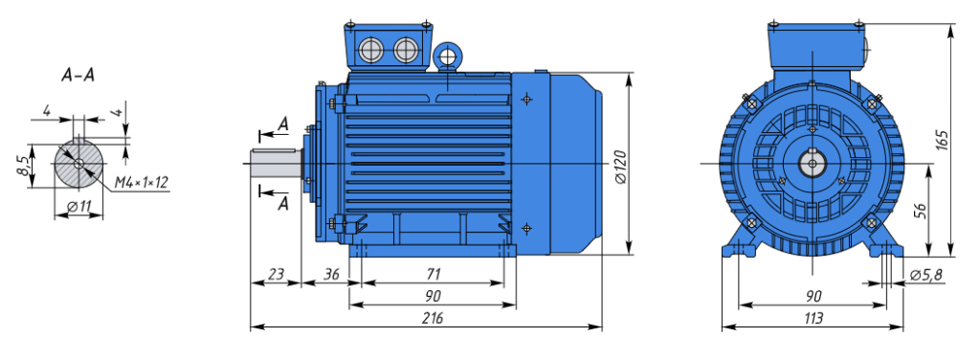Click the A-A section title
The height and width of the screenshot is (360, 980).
click(x=78, y=76)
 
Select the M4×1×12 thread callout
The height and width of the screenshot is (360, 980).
click(x=142, y=183)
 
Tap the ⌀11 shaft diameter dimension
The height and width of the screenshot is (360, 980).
click(x=78, y=206)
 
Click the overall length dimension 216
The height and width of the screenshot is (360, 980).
click(x=432, y=318)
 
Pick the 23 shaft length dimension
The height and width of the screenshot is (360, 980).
click(x=276, y=274)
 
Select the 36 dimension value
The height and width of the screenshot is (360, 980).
click(x=332, y=274)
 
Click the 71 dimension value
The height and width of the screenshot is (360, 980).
click(x=434, y=274)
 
